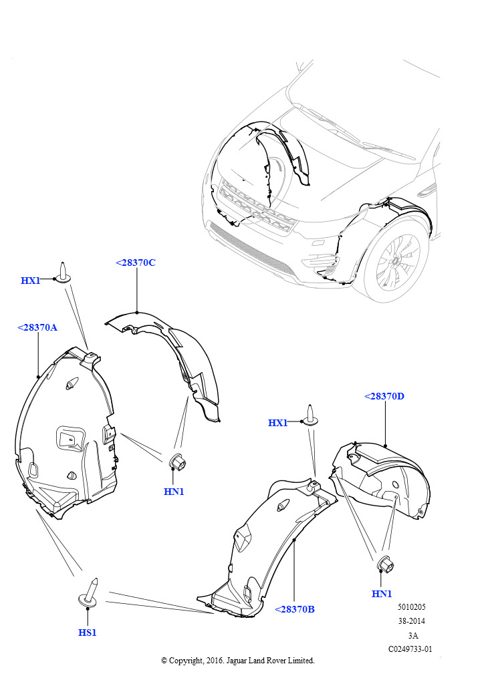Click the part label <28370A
point(37,327)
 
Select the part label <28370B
point(295,609)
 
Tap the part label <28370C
point(136,263)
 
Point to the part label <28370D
point(384,396)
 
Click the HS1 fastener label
point(88,633)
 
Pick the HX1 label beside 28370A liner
point(31,281)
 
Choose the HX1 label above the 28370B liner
point(277,423)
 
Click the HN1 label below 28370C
point(174,492)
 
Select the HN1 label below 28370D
point(382,594)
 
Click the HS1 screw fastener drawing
point(90,592)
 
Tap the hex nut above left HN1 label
point(176,462)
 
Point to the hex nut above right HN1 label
point(385,565)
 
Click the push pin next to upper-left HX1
point(62,273)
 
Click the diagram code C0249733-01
point(410,649)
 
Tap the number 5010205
point(411,607)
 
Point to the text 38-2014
point(411,621)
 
